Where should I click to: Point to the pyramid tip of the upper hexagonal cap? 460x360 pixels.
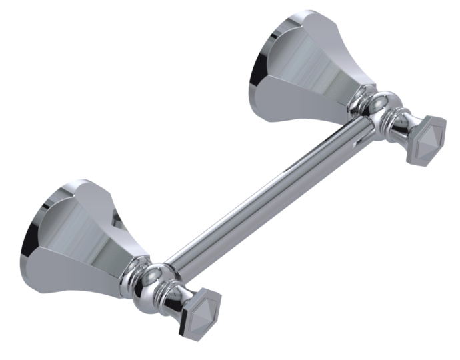tap(429, 139)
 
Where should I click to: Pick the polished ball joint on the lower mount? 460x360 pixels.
tap(155, 279)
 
